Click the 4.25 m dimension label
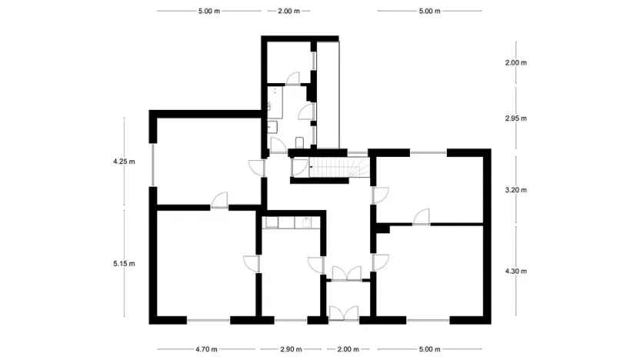123,162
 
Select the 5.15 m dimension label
123,264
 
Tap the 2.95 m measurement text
515,118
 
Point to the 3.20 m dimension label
515,189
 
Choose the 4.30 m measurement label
515,271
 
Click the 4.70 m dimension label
207,349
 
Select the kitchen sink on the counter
306,222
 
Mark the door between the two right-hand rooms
421,218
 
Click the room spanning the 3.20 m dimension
431,185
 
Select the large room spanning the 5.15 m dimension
206,262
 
